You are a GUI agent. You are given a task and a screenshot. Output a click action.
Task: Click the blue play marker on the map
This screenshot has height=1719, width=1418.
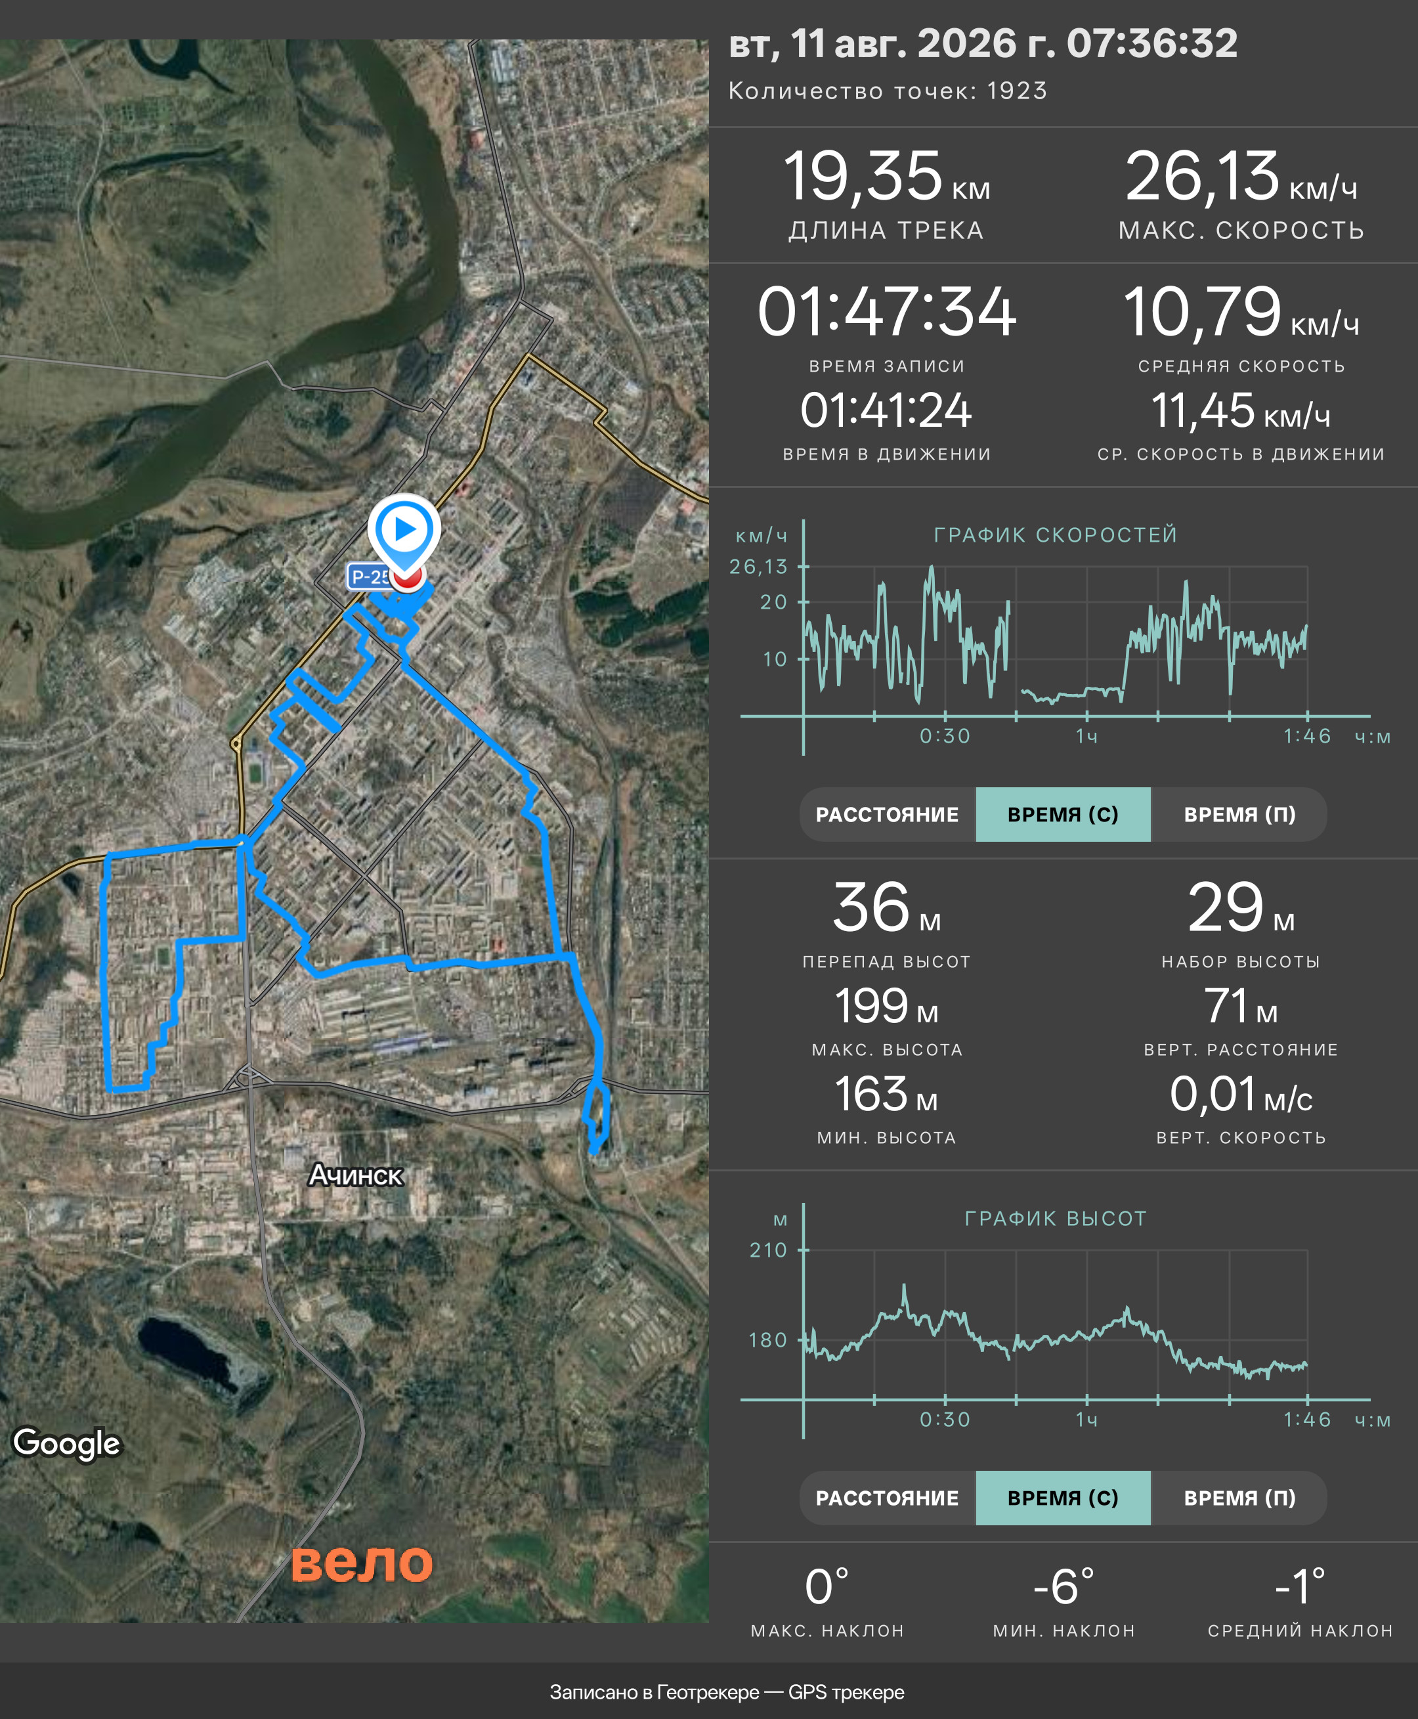[x=404, y=531]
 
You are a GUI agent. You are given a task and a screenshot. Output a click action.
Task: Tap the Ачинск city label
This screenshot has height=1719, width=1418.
[x=355, y=1175]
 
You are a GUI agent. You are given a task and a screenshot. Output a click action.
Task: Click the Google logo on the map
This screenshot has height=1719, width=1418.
[x=67, y=1443]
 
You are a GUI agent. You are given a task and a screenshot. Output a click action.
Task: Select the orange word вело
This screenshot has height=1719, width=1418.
[x=362, y=1562]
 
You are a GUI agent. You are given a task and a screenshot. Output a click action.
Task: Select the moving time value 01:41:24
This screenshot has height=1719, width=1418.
[x=886, y=410]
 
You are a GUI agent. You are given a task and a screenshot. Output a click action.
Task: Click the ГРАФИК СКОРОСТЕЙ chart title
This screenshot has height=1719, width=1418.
[x=1056, y=534]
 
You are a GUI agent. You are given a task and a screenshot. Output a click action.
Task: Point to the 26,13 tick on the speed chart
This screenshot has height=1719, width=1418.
[x=758, y=566]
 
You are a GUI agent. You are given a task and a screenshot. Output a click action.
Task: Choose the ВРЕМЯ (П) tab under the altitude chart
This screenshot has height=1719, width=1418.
[x=1239, y=1498]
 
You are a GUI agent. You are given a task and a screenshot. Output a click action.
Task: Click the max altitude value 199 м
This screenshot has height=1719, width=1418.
[x=886, y=1006]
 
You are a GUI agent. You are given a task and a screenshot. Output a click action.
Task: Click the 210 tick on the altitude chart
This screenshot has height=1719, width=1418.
[x=769, y=1250]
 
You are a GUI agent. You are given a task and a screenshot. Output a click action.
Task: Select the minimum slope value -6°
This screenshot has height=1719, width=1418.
[x=1063, y=1586]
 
